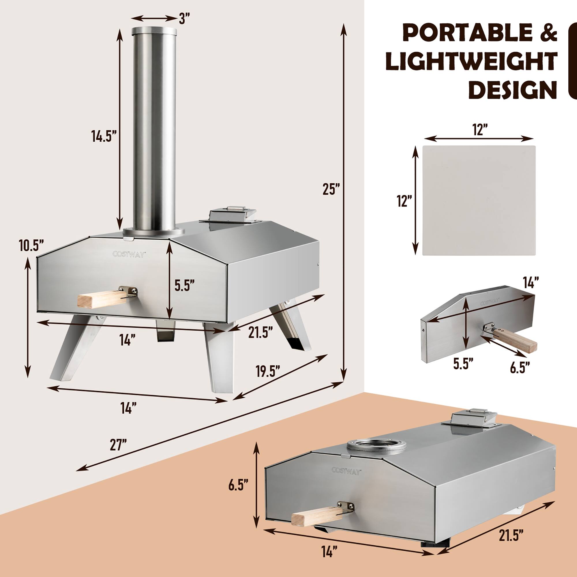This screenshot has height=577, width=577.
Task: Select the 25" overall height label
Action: point(331,189)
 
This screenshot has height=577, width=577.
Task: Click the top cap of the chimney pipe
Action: point(154,30)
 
